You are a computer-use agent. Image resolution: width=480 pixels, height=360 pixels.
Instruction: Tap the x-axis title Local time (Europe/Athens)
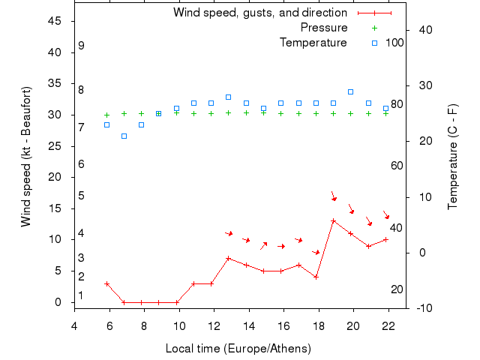[238, 349]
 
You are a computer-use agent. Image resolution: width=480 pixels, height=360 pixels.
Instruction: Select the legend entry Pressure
[324, 28]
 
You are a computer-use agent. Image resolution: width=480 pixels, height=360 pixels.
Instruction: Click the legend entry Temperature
[313, 43]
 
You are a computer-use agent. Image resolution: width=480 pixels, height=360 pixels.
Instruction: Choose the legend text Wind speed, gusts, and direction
[260, 13]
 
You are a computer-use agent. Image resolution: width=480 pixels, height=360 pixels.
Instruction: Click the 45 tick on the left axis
[54, 20]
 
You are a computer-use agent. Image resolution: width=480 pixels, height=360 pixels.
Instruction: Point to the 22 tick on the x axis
[388, 325]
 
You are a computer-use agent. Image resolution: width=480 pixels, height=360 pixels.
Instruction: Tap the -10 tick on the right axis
[422, 307]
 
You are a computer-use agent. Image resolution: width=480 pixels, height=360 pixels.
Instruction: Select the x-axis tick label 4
[74, 325]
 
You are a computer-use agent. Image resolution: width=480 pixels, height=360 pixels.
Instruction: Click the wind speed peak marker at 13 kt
[334, 220]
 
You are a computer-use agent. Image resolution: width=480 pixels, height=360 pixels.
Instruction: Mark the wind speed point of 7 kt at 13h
[229, 258]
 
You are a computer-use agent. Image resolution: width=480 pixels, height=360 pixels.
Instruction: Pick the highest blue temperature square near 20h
[351, 91]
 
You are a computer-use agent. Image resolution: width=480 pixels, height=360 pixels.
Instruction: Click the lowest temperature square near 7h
[124, 136]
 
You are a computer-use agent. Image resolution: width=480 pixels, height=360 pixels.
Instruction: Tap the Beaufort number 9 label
[81, 46]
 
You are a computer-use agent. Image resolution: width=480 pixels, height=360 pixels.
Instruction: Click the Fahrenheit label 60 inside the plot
[397, 166]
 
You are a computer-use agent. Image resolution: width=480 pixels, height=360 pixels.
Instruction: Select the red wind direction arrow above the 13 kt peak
[334, 196]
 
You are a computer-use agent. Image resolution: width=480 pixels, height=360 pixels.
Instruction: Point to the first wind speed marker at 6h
[107, 283]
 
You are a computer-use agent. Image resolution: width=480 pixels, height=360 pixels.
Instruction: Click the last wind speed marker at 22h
[385, 239]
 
